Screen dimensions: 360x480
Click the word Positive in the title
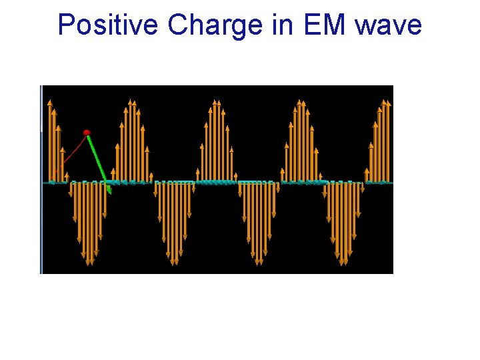click(x=109, y=25)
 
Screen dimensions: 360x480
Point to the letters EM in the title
click(x=325, y=25)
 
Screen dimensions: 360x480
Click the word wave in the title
click(x=389, y=25)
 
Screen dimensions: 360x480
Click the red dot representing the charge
click(x=86, y=133)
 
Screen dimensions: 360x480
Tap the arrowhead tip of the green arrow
click(x=110, y=193)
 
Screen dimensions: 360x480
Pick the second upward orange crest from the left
click(x=132, y=143)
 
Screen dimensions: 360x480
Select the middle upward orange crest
click(x=216, y=143)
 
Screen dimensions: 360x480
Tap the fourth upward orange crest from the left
click(x=301, y=143)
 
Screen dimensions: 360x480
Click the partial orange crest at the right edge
click(x=381, y=143)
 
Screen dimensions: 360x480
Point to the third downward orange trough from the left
click(x=258, y=220)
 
